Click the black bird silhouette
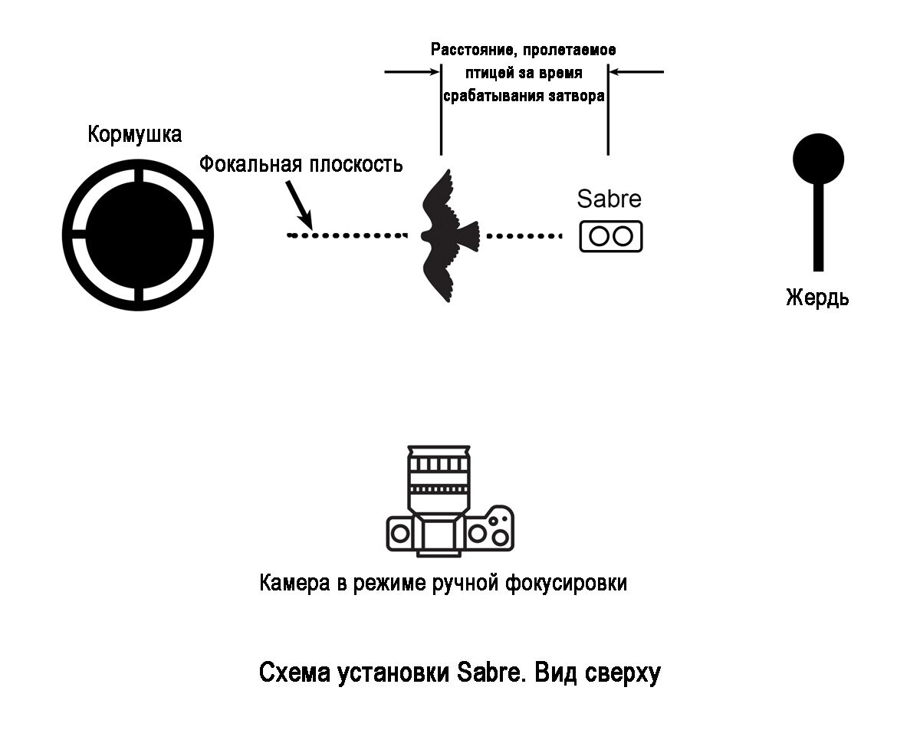(449, 234)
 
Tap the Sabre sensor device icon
(610, 236)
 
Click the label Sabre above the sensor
(609, 199)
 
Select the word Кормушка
(135, 135)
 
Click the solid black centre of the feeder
(138, 235)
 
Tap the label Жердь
(817, 297)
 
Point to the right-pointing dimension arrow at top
(412, 72)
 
